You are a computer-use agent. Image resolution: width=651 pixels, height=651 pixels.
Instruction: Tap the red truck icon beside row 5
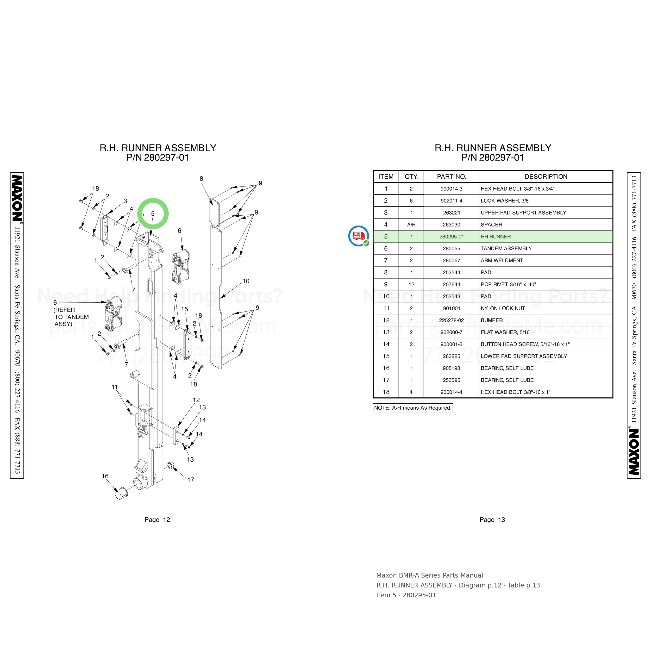[x=359, y=236]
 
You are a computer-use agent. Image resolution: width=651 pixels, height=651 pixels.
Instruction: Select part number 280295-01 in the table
[x=452, y=236]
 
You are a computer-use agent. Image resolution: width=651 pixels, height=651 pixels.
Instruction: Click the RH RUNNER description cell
[x=496, y=236]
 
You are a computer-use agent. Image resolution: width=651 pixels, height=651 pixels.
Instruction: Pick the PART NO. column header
[x=452, y=177]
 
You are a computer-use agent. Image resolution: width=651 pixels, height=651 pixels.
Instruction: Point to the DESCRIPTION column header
[x=546, y=177]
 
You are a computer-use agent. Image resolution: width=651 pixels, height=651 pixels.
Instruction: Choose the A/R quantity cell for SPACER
[x=411, y=225]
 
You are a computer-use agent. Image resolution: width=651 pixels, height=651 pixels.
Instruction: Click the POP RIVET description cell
[x=508, y=284]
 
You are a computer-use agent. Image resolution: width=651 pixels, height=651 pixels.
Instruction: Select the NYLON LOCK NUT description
[x=503, y=308]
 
